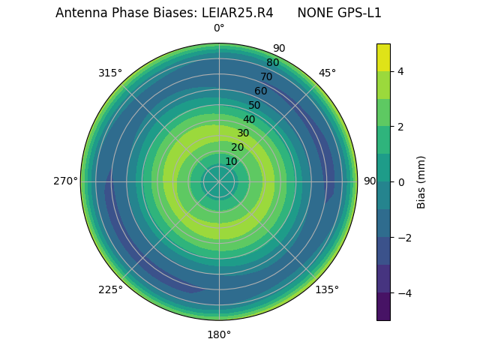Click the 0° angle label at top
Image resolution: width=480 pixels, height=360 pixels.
pyautogui.click(x=219, y=28)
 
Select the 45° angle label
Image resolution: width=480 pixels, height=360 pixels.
pyautogui.click(x=327, y=73)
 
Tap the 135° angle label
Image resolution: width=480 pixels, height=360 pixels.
pyautogui.click(x=327, y=289)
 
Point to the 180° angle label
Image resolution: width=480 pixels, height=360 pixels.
pyautogui.click(x=219, y=334)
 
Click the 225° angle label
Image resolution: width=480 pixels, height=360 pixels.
pyautogui.click(x=110, y=289)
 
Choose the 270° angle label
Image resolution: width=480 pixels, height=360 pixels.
pyautogui.click(x=65, y=181)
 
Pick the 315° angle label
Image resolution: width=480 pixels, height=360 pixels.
pyautogui.click(x=110, y=73)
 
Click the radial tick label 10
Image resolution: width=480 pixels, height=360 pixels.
pyautogui.click(x=231, y=161)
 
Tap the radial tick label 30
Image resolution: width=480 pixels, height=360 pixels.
pyautogui.click(x=243, y=133)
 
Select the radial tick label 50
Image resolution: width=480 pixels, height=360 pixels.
pyautogui.click(x=254, y=105)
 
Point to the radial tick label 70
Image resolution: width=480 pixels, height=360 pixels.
pyautogui.click(x=266, y=76)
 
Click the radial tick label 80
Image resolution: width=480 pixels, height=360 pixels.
pyautogui.click(x=272, y=62)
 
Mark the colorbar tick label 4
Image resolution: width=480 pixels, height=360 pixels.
pyautogui.click(x=400, y=71)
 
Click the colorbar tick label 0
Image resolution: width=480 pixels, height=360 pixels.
pyautogui.click(x=400, y=181)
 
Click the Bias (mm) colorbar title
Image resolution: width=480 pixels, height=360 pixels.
pyautogui.click(x=421, y=181)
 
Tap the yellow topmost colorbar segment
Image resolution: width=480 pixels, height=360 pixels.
pyautogui.click(x=383, y=57)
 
